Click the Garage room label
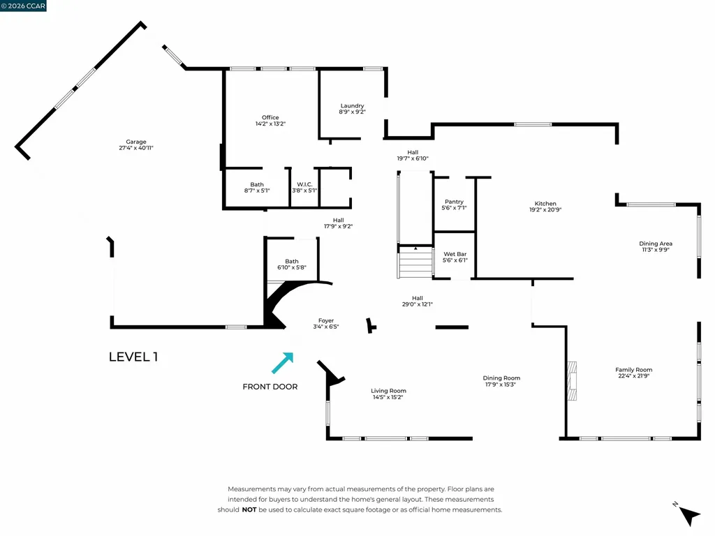coord(136,142)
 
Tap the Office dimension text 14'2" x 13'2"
coord(270,124)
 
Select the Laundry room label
coord(352,106)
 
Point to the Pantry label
coord(454,202)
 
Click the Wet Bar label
coord(455,254)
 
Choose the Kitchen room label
coord(545,204)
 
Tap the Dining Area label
coord(656,244)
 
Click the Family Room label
coord(633,370)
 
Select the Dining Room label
coord(501,378)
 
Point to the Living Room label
coord(388,391)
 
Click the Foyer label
coord(325,320)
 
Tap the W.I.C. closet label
coord(304,185)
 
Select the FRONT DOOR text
coord(270,387)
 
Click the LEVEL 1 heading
coord(133,357)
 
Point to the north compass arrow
coord(688,515)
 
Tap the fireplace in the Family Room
coord(573,380)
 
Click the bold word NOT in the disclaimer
coord(249,510)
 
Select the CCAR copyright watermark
coord(24,6)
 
